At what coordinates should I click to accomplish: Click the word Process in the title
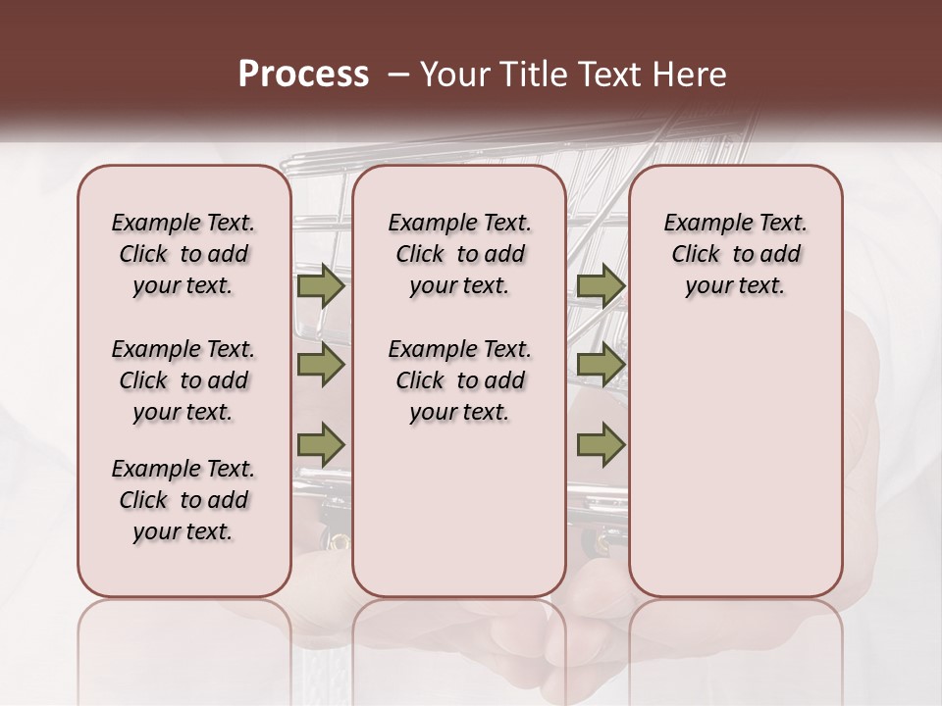tap(303, 75)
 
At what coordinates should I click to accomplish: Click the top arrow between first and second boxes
tap(321, 286)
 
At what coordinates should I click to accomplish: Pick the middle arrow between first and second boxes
tap(321, 365)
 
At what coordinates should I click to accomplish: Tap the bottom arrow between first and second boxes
tap(321, 444)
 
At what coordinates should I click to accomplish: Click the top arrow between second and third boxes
tap(601, 286)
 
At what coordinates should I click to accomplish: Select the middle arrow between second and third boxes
tap(601, 365)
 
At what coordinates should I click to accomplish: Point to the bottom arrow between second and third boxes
tap(601, 444)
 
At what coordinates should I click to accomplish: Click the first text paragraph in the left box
tap(183, 254)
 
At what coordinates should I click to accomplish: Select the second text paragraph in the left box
tap(183, 380)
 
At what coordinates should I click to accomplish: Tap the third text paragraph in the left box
tap(183, 500)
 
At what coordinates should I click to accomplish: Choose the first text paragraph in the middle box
tap(459, 254)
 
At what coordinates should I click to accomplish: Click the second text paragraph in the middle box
tap(459, 380)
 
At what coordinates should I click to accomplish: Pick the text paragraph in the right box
tap(736, 254)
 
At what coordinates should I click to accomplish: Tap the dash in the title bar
tap(398, 75)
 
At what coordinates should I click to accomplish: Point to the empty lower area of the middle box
tap(459, 510)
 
